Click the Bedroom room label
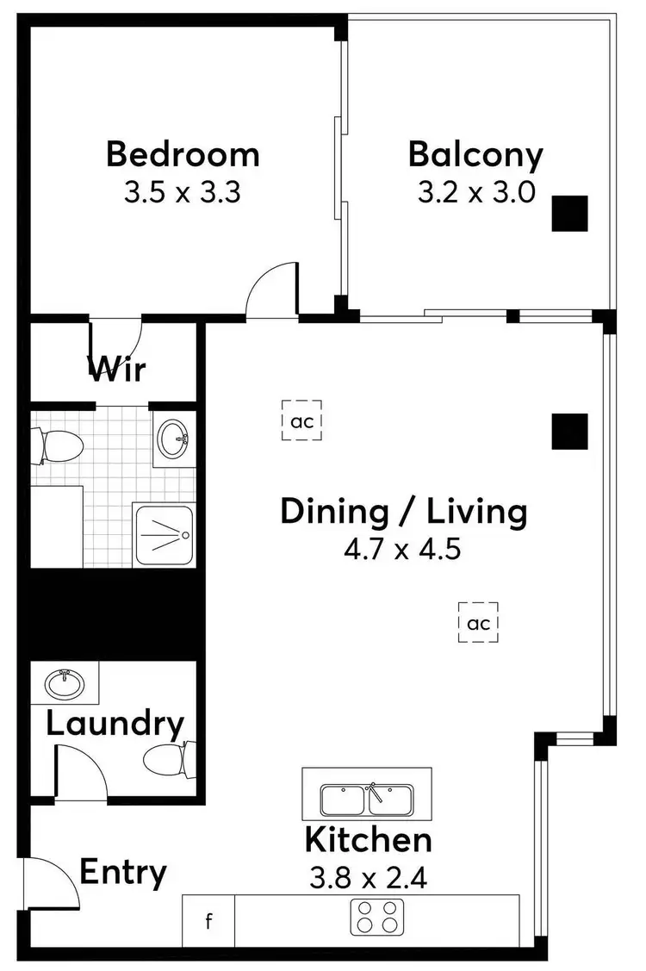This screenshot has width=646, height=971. (x=183, y=154)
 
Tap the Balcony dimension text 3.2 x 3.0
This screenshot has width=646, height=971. (x=476, y=191)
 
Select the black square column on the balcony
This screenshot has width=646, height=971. (x=569, y=214)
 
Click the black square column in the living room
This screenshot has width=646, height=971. (x=569, y=431)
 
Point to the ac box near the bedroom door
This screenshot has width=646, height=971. (x=301, y=420)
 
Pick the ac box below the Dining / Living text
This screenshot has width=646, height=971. (x=479, y=623)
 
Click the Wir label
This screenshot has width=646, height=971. (x=117, y=370)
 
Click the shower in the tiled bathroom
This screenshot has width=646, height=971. (x=165, y=535)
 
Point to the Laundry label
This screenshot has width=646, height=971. (x=115, y=724)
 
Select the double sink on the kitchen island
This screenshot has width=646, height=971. (x=369, y=800)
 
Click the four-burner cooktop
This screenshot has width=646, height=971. (x=377, y=917)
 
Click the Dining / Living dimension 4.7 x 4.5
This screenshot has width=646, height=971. (x=402, y=549)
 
